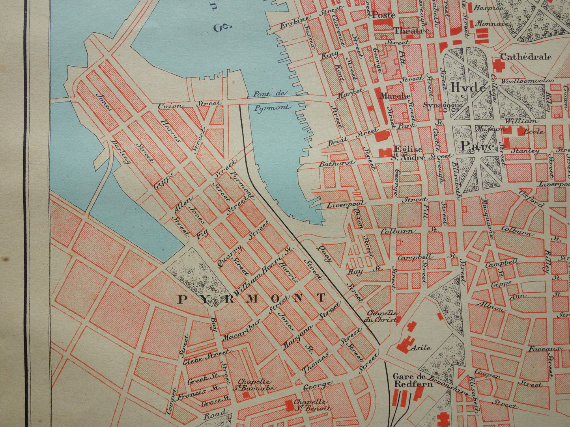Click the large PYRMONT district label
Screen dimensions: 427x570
252,298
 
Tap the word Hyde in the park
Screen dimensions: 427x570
468,87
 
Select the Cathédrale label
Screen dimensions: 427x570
526,57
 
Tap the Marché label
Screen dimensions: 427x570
395,96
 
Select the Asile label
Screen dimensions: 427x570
421,348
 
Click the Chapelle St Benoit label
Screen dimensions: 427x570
312,405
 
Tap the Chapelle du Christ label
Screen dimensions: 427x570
381,316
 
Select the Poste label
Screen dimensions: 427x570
383,15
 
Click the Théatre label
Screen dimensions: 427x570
411,30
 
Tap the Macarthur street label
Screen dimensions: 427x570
236,332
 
